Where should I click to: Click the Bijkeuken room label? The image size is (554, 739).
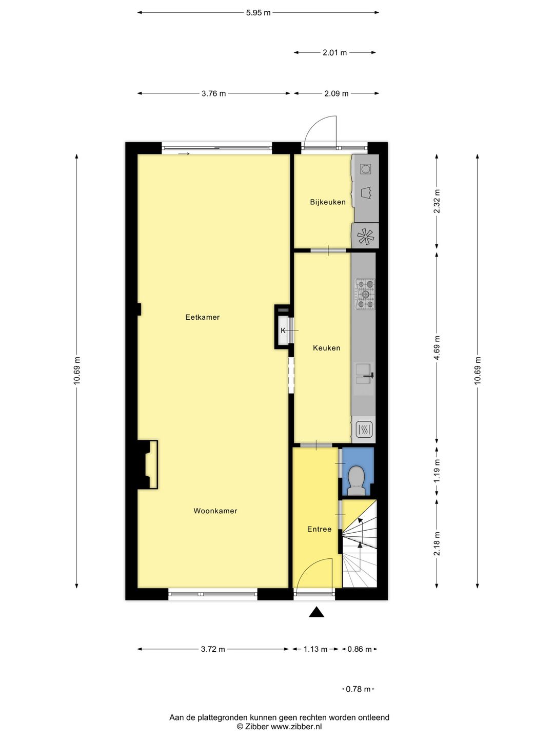click(328, 202)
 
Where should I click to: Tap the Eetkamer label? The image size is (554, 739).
click(202, 317)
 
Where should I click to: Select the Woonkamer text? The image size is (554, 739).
click(215, 511)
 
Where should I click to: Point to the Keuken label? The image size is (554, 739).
click(326, 348)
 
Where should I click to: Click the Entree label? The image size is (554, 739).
click(319, 529)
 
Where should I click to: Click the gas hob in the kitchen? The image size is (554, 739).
click(365, 294)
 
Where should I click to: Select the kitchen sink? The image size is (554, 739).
click(364, 375)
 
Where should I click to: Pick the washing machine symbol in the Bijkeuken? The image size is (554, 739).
click(365, 168)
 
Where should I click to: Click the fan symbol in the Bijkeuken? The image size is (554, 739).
click(365, 236)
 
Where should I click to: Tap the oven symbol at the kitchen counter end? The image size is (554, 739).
click(364, 429)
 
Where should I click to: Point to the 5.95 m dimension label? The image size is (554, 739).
click(258, 13)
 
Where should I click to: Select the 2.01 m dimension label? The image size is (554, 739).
click(334, 52)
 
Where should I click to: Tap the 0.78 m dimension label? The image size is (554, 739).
click(358, 689)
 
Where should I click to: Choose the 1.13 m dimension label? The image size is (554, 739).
click(315, 649)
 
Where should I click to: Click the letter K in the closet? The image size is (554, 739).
click(283, 330)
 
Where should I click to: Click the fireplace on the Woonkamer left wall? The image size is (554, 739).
click(148, 464)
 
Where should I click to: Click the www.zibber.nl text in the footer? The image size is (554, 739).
click(296, 727)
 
